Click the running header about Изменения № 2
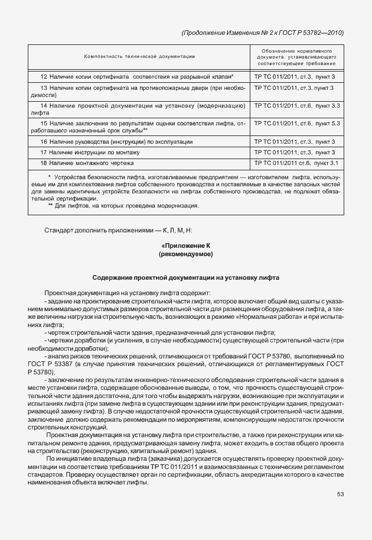click(263, 33)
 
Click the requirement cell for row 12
click(295, 77)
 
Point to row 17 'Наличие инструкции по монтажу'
click(92, 152)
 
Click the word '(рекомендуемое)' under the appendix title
click(185, 254)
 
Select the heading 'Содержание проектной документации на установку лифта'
click(185, 277)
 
